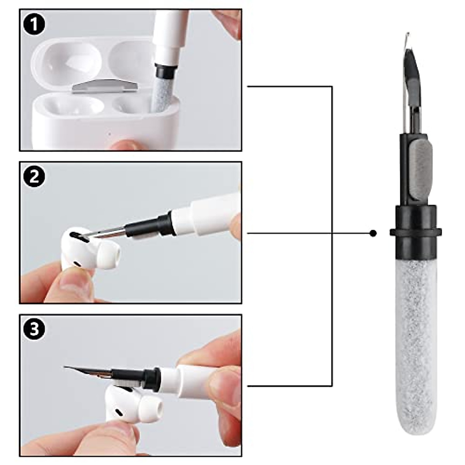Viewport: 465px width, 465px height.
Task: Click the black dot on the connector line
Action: (x=373, y=233)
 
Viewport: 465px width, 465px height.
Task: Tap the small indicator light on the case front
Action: (x=110, y=134)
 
